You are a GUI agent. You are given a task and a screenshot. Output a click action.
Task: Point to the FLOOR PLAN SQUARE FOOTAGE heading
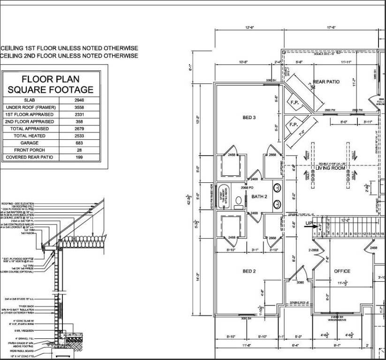pyautogui.click(x=51, y=84)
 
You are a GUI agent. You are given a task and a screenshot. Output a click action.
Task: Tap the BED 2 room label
pyautogui.click(x=249, y=271)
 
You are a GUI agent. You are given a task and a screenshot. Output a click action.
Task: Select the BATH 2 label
pyautogui.click(x=259, y=196)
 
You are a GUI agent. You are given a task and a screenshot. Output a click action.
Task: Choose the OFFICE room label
pyautogui.click(x=342, y=271)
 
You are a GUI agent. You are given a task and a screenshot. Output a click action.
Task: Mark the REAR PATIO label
pyautogui.click(x=326, y=82)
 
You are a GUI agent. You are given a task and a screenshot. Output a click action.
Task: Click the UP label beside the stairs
pyautogui.click(x=309, y=223)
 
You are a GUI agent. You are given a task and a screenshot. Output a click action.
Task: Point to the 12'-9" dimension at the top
pyautogui.click(x=249, y=28)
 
